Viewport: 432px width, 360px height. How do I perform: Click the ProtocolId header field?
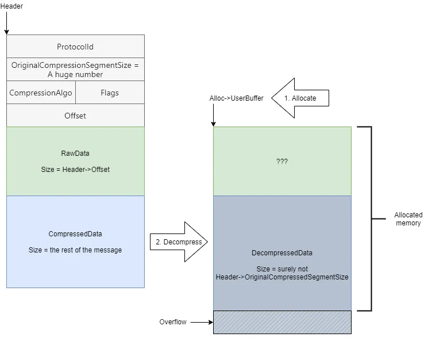(x=75, y=47)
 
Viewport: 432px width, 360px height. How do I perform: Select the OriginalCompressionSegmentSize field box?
(x=75, y=70)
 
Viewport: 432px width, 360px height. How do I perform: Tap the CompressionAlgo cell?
(x=41, y=93)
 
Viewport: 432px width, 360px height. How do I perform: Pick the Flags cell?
(x=110, y=93)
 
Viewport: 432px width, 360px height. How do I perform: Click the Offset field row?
(x=75, y=116)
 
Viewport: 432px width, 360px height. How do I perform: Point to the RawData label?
(x=75, y=154)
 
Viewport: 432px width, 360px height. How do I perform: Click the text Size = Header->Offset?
(x=75, y=170)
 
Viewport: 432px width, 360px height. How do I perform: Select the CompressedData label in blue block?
(x=75, y=234)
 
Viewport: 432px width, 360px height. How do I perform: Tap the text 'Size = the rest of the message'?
(x=75, y=250)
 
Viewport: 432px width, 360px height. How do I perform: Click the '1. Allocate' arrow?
(x=300, y=98)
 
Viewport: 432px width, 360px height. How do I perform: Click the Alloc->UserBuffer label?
(x=236, y=98)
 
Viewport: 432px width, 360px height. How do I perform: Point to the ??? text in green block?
(x=282, y=162)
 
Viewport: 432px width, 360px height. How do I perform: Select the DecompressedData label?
(x=282, y=253)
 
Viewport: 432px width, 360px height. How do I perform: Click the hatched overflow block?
(x=282, y=322)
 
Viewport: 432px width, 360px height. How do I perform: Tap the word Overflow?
(x=173, y=322)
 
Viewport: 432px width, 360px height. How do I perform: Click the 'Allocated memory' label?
(x=408, y=219)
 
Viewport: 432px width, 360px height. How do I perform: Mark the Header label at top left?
(x=11, y=6)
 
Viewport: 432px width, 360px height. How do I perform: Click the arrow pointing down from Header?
(x=7, y=23)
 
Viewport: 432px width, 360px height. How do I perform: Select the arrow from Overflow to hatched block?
(x=201, y=322)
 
